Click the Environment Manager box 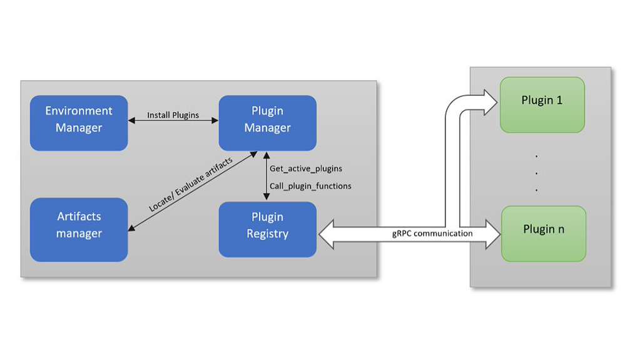79,123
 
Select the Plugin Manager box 267,123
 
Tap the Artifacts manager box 79,229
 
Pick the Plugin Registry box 267,229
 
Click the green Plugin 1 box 542,104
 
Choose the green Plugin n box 543,234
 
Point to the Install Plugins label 173,115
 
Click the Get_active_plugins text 306,168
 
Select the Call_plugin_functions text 310,186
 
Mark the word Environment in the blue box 79,111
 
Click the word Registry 267,234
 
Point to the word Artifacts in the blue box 79,217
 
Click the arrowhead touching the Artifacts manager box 131,229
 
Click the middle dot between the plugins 537,172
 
